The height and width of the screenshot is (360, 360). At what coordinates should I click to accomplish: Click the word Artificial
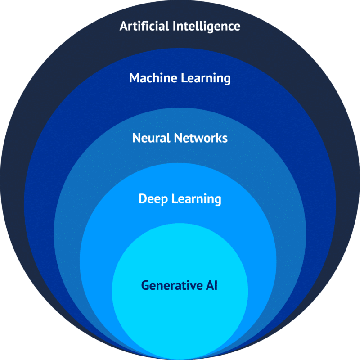point(144,26)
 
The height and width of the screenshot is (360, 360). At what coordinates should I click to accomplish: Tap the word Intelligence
point(207,27)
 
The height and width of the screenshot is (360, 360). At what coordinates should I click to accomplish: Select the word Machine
point(153,78)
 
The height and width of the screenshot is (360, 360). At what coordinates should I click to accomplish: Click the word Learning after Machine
point(206,79)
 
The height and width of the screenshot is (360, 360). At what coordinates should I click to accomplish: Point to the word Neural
point(151,138)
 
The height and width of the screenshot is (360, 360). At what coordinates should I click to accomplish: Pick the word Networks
point(201,138)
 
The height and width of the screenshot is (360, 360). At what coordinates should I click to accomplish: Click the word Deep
point(153,199)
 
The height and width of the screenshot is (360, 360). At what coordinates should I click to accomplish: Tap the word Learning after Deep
point(197,199)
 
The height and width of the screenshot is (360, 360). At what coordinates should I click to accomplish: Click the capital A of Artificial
point(124,26)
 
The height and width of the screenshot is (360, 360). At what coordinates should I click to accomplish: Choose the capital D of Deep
point(143,198)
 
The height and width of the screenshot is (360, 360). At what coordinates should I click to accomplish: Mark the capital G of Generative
point(145,285)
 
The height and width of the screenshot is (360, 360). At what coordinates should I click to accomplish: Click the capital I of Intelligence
point(174,26)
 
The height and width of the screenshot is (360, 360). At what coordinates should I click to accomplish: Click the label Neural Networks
point(180,138)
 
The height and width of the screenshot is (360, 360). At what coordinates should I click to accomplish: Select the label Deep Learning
point(180,199)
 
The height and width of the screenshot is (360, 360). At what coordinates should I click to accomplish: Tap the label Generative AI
point(179,285)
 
